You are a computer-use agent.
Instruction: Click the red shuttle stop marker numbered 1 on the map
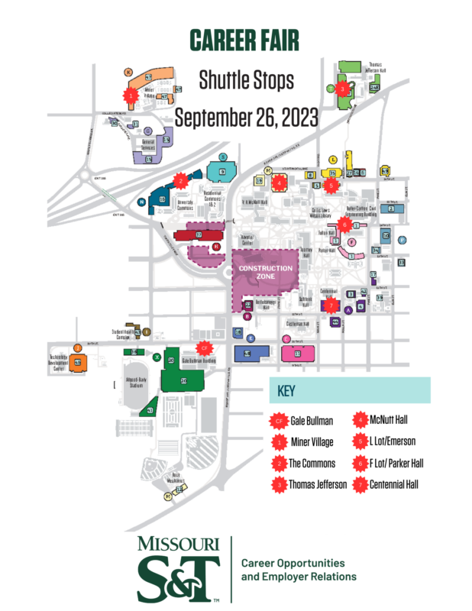(x=131, y=95)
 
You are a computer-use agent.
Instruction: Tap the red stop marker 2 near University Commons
(x=180, y=181)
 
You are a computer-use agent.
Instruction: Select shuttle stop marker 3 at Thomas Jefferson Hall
(x=344, y=89)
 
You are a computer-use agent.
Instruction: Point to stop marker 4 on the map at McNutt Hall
(x=280, y=183)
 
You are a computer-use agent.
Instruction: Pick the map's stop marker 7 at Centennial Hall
(x=330, y=304)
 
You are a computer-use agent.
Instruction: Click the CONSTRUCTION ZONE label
(x=265, y=272)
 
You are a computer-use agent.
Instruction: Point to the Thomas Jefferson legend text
(x=316, y=484)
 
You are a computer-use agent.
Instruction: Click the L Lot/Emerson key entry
(x=395, y=441)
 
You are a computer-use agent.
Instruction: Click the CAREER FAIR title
(x=235, y=41)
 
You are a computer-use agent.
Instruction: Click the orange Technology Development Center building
(x=77, y=363)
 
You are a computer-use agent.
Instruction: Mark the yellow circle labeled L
(x=333, y=159)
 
